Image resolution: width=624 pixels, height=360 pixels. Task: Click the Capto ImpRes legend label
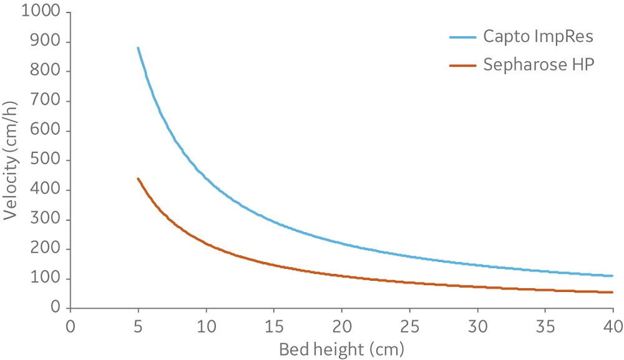coord(538,36)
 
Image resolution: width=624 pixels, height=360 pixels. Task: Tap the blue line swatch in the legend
coord(463,37)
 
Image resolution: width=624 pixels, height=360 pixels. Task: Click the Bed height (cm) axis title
coord(341,347)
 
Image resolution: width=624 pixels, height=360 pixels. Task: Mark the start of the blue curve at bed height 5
coord(138,48)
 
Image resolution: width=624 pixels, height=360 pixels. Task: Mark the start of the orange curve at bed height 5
coord(138,178)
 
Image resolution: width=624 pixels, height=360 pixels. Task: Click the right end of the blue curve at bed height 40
coord(612,276)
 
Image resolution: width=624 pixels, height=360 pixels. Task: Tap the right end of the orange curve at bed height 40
coord(612,292)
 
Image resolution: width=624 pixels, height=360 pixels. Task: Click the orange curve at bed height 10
coord(206,244)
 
